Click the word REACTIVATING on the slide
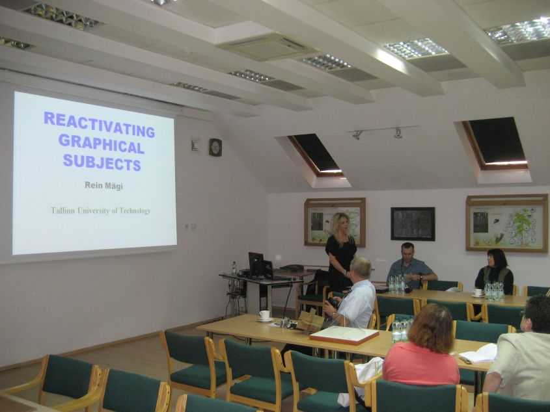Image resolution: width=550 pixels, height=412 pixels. coord(100,125)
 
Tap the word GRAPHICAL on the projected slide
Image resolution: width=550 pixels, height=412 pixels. coord(102,144)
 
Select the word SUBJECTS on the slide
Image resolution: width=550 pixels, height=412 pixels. coord(102,162)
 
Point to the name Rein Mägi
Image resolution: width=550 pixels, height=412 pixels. coord(104,185)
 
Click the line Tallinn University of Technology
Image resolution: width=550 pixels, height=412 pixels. coord(100,211)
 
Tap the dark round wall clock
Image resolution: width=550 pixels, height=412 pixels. coord(215,147)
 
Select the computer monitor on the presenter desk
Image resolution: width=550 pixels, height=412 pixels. coord(256,265)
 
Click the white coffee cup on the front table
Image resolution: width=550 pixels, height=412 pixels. coord(265,315)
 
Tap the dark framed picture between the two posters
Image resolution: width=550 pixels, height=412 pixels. coord(413,224)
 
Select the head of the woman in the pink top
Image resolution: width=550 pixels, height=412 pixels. coord(428,324)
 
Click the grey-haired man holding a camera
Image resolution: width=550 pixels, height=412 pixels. coord(352,294)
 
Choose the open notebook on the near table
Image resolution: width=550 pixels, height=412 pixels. coord(478,354)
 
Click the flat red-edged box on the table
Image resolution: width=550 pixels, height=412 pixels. coord(344,335)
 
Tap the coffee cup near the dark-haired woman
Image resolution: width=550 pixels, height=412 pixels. coord(478,292)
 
